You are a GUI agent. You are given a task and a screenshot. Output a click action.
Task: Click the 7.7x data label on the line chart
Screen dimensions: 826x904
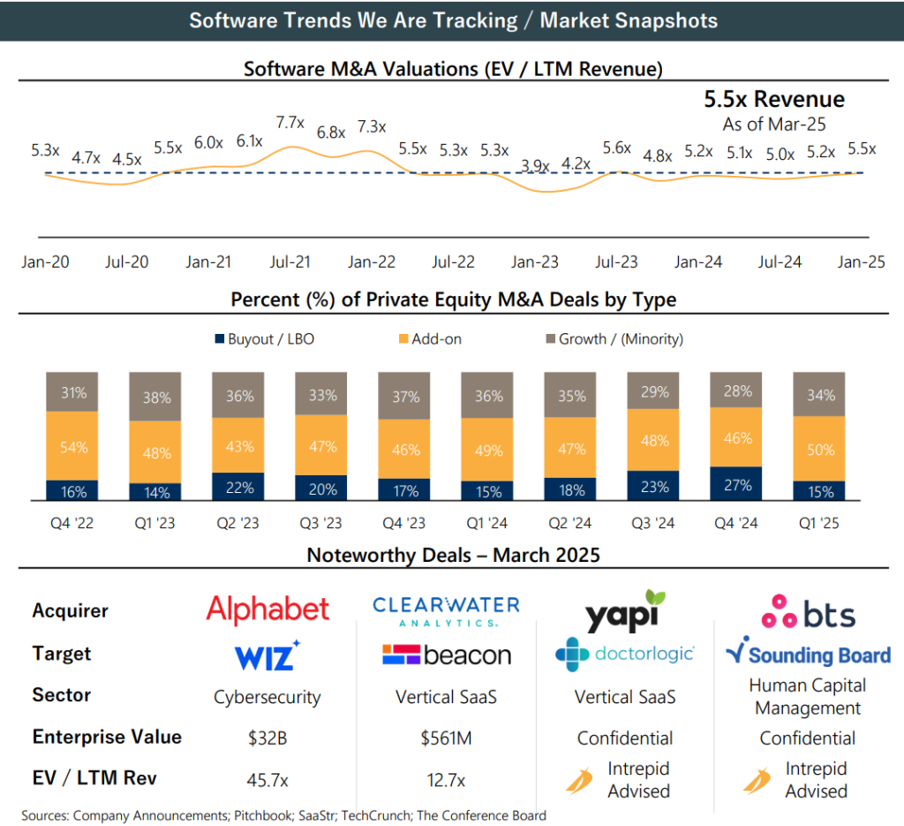point(290,123)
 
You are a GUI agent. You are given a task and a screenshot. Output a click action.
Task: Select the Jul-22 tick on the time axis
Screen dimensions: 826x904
point(454,261)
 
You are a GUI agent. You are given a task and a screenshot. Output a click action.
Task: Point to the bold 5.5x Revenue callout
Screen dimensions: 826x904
point(774,99)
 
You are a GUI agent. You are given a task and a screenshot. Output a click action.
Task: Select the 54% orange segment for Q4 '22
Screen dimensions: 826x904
point(73,446)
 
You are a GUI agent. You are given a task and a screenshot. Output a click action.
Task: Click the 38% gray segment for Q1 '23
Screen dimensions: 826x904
point(156,397)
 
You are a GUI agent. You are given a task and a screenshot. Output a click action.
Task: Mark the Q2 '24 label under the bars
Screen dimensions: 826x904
point(570,523)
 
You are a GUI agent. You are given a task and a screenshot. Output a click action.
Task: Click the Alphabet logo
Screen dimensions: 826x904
point(267,609)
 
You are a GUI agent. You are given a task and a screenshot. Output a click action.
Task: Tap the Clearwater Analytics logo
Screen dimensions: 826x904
point(446,609)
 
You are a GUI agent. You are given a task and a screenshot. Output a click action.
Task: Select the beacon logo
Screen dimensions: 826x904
point(447,655)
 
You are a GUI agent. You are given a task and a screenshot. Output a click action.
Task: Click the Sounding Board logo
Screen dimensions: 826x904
point(808,655)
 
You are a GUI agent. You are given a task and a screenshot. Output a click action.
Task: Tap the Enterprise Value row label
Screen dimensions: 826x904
point(107,737)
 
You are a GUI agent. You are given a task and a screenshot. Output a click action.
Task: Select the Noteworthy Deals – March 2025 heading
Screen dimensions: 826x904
point(453,556)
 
